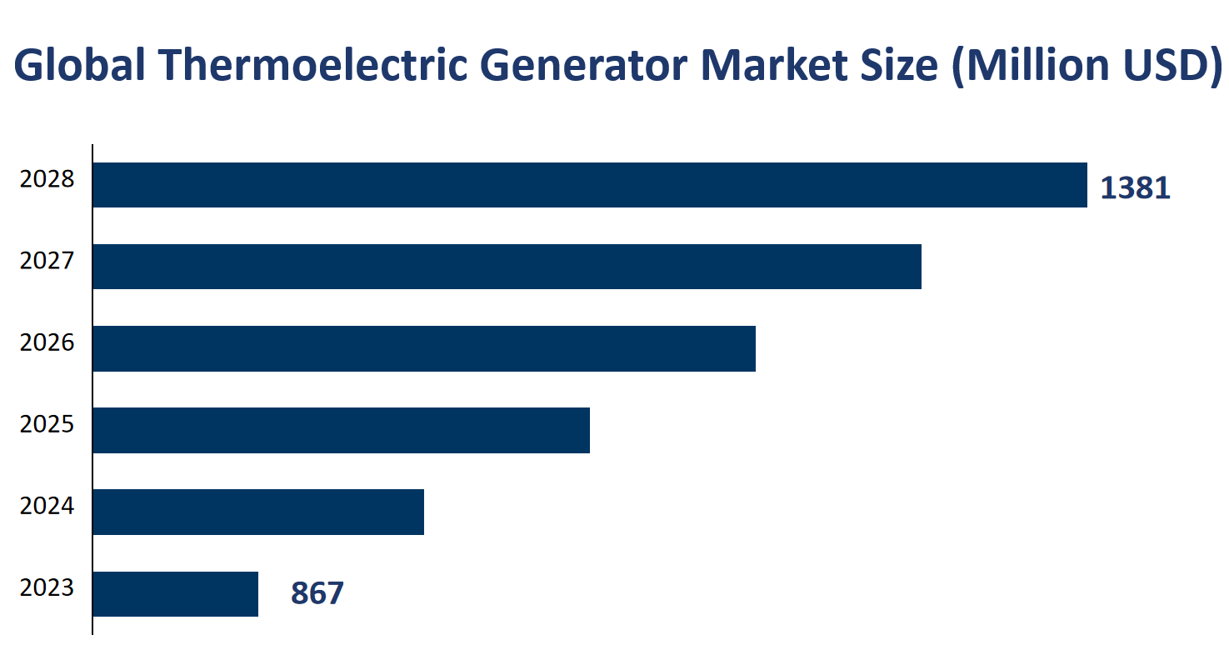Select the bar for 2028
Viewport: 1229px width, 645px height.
pyautogui.click(x=589, y=185)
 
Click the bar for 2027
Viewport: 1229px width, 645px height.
pyautogui.click(x=507, y=267)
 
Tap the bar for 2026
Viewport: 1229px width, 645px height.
pyautogui.click(x=423, y=348)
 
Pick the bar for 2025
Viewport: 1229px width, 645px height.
pyautogui.click(x=341, y=430)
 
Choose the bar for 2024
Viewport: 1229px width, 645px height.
pyautogui.click(x=258, y=512)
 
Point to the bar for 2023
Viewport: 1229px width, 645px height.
pyautogui.click(x=175, y=593)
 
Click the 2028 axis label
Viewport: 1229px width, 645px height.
pyautogui.click(x=47, y=180)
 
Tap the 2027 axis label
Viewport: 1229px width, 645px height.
pyautogui.click(x=47, y=262)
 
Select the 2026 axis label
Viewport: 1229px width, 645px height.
pyautogui.click(x=47, y=343)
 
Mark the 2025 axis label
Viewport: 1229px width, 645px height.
pyautogui.click(x=47, y=425)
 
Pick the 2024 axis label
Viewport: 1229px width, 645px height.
pyautogui.click(x=47, y=507)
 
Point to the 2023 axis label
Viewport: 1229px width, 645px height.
pyautogui.click(x=47, y=588)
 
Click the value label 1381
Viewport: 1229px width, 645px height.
pyautogui.click(x=1135, y=189)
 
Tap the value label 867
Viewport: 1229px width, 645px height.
pyautogui.click(x=317, y=594)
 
